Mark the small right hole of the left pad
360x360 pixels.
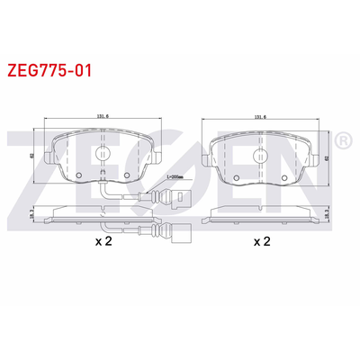coord(126,175)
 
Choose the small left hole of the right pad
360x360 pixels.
coord(238,175)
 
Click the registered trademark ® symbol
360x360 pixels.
coord(343,142)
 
